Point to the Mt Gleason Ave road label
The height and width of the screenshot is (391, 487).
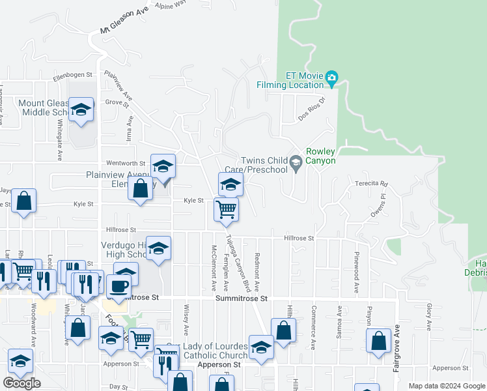124,22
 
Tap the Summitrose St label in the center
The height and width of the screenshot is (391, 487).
242,298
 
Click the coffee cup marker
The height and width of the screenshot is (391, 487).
118,285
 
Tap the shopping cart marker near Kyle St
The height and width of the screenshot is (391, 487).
226,209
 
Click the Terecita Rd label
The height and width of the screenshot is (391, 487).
371,184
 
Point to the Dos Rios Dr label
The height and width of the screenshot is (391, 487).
311,108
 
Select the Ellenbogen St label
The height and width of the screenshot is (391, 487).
74,75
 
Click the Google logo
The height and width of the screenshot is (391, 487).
21,383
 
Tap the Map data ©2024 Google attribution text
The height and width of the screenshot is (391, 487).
446,386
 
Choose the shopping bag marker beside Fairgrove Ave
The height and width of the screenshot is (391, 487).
378,340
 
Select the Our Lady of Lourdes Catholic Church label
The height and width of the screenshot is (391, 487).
207,351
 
